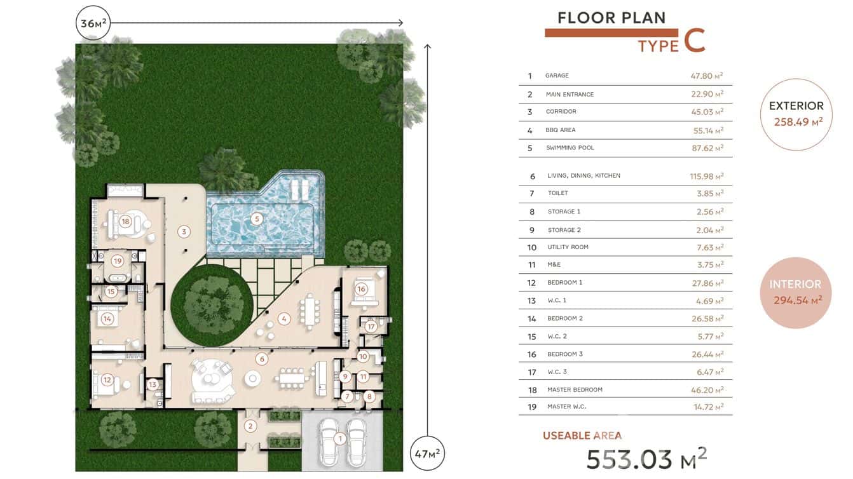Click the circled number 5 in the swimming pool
click(257, 219)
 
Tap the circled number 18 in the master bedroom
click(125, 221)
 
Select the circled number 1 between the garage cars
click(340, 439)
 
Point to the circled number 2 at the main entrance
click(250, 426)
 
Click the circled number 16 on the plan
click(361, 289)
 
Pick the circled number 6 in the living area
click(262, 359)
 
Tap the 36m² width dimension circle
click(93, 23)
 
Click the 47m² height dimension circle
click(427, 454)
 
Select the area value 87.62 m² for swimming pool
click(707, 147)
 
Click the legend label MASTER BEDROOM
click(575, 389)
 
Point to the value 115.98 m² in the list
click(706, 176)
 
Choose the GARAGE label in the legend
click(557, 76)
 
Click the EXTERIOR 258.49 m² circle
click(796, 114)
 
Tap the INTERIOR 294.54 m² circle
click(796, 293)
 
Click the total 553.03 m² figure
click(646, 458)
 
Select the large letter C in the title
click(695, 40)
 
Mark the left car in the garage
click(329, 443)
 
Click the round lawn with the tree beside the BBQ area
click(212, 305)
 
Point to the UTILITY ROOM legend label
click(568, 247)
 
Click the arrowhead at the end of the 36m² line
click(400, 23)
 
